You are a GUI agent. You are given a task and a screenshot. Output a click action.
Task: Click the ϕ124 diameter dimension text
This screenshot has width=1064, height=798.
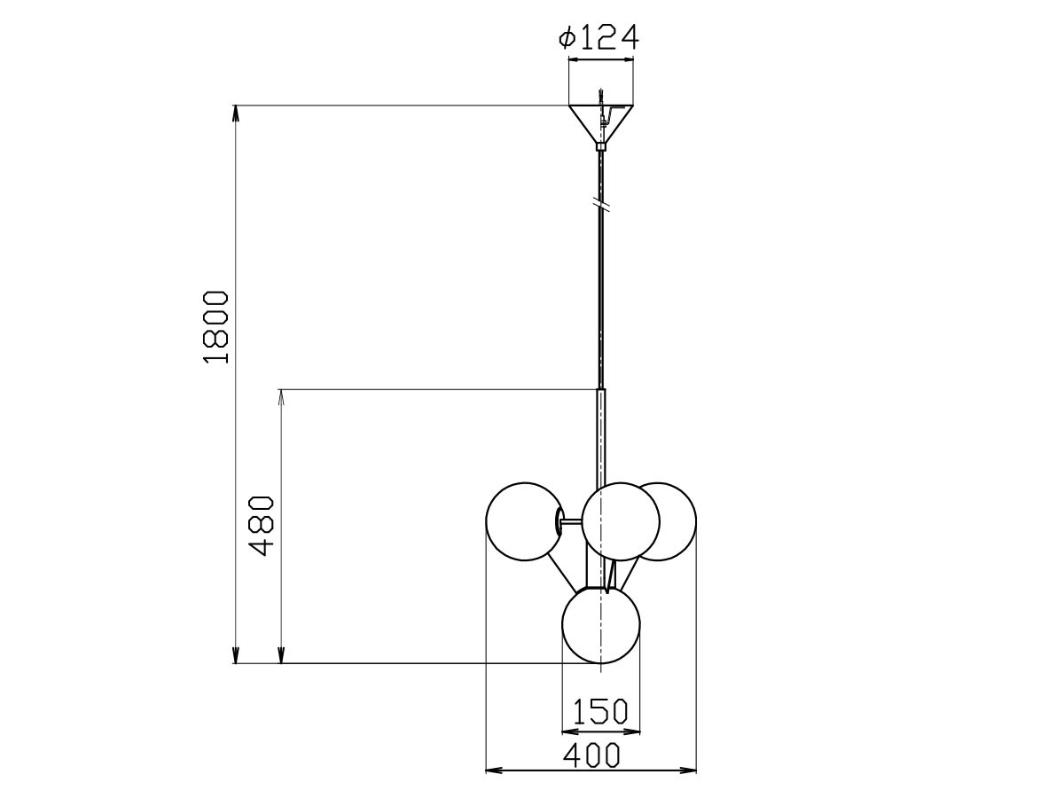tap(598, 37)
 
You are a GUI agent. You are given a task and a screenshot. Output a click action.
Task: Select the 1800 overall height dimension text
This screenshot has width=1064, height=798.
tap(215, 325)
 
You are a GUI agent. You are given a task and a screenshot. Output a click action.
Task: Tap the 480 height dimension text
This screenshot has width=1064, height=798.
tap(262, 525)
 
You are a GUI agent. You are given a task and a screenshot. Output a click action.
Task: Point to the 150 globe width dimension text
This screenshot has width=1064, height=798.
tap(600, 711)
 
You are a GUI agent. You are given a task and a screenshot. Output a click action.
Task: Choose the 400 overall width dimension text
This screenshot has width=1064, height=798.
tap(591, 755)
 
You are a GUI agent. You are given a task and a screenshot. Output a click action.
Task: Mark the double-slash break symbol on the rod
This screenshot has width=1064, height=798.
tap(602, 204)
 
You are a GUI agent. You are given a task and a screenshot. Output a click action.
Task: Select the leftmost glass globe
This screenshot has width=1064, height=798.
tap(523, 521)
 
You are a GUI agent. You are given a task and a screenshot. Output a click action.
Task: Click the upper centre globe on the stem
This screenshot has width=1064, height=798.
tap(621, 521)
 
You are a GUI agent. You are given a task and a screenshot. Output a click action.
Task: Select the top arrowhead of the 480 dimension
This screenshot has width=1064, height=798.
tap(281, 395)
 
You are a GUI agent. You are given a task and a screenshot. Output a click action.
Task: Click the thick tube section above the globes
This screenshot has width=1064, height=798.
tap(602, 434)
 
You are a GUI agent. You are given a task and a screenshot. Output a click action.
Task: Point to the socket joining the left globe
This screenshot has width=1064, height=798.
tap(561, 521)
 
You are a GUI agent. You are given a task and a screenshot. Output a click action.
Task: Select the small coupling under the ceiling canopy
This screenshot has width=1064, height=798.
tap(601, 146)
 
